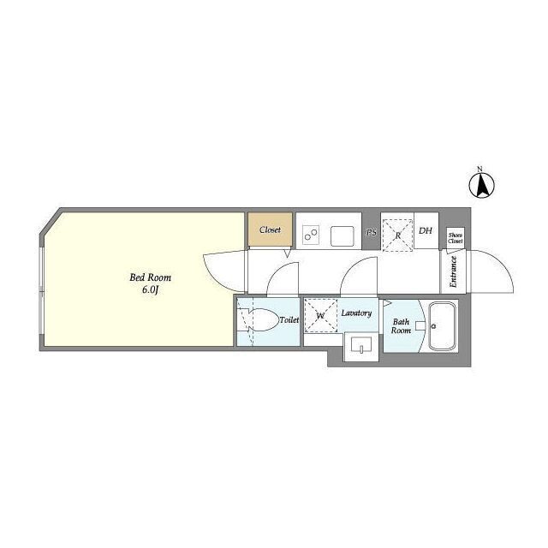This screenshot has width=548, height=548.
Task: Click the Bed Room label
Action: pos(151,277)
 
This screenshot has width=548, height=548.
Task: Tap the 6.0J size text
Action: pos(151,289)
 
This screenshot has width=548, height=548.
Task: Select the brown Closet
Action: pos(271,229)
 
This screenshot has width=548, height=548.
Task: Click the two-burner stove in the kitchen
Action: pos(311,235)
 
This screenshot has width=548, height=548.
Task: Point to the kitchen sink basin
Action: pos(342,236)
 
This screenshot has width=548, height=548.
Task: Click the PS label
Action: pos(371,232)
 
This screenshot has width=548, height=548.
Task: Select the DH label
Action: pos(426,230)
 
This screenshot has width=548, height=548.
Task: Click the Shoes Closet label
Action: pos(456,238)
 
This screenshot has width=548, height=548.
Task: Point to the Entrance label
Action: pos(453,271)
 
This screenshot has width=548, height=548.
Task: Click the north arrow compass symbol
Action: pos(481,185)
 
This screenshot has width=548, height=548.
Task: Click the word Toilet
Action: pos(289,319)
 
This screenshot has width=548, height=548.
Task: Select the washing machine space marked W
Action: pos(321,315)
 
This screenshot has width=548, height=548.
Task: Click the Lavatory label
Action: pos(356,313)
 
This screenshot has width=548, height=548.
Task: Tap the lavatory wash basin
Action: pos(361,346)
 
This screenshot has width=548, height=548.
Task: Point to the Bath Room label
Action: pos(401,325)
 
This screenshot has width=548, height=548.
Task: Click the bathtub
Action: pos(443,325)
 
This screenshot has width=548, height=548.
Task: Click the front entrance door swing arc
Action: pos(502,260)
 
